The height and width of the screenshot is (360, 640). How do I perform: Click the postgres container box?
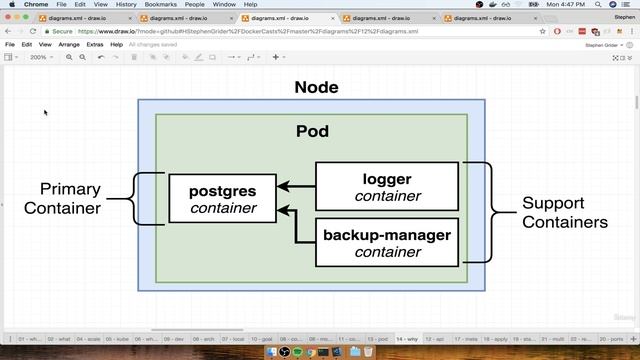tap(221, 198)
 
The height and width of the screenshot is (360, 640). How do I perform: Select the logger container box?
tap(387, 187)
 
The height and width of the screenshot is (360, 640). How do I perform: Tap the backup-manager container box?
tap(387, 243)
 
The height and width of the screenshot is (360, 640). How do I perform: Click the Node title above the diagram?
tap(316, 87)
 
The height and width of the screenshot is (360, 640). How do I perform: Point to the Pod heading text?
tap(313, 131)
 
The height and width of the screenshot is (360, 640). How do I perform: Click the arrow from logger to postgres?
tap(297, 186)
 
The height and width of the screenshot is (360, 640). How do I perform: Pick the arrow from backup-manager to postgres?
tap(297, 226)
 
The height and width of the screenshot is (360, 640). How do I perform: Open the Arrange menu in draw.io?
tap(69, 45)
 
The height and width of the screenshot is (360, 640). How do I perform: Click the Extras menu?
tap(95, 45)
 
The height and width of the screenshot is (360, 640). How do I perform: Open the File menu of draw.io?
tap(10, 45)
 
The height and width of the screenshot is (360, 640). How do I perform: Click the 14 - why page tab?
tap(406, 340)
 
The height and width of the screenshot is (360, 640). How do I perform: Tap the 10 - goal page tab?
tap(263, 340)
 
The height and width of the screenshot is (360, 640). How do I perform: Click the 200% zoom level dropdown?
tap(41, 57)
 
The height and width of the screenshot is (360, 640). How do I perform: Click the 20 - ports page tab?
tap(609, 340)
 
